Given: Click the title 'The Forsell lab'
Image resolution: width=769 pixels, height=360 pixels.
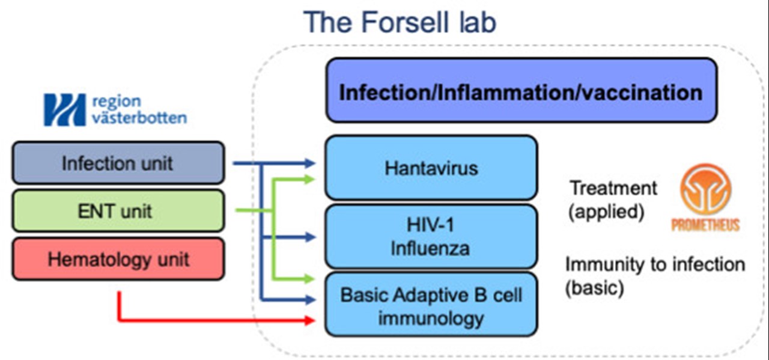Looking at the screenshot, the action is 400,22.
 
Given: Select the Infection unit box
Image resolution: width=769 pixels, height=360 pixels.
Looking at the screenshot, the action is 118,162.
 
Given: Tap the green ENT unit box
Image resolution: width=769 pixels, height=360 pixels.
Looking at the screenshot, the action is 118,210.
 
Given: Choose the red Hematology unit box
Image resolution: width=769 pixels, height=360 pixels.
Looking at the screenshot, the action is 118,258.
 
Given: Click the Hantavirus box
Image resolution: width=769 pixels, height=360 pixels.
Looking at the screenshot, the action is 431,168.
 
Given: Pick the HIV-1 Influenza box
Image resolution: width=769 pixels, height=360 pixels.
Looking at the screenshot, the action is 431,236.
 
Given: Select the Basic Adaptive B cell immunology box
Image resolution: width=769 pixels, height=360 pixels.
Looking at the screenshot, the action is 431,304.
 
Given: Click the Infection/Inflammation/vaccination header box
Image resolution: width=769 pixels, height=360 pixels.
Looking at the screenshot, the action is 521,90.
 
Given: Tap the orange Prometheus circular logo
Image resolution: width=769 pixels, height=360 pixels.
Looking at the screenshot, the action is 705,189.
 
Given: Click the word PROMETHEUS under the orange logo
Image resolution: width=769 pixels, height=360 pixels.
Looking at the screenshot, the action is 705,225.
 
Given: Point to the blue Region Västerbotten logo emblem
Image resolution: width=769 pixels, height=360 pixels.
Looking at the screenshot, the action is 64,109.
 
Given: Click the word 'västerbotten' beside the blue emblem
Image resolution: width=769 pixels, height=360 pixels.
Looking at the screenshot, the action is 139,117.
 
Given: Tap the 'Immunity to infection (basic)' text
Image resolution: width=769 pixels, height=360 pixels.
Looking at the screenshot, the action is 655,275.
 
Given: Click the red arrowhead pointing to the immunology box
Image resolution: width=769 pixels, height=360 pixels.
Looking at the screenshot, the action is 310,320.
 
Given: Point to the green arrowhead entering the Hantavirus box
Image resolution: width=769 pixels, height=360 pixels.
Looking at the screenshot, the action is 310,179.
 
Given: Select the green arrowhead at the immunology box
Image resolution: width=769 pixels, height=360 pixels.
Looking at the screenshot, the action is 310,279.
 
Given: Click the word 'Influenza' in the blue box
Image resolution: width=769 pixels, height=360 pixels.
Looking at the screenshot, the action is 430,248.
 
